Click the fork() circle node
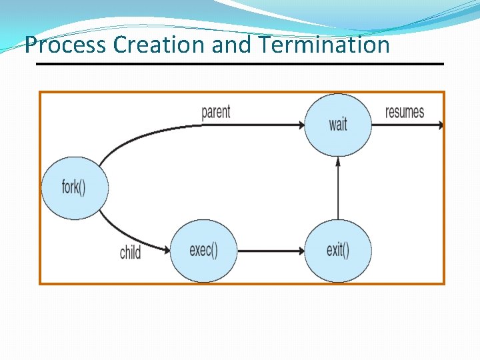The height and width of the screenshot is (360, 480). click(x=75, y=187)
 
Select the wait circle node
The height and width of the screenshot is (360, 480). click(x=338, y=125)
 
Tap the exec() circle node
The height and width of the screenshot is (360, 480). click(x=203, y=251)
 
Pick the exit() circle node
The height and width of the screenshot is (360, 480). click(x=338, y=251)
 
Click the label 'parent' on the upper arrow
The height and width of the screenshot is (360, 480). click(x=215, y=111)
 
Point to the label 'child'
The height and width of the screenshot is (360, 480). click(x=130, y=252)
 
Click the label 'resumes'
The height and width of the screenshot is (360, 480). click(x=405, y=111)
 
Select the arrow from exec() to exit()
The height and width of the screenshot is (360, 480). click(x=270, y=251)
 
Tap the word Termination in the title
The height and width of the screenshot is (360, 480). click(x=323, y=45)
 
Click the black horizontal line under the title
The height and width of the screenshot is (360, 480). click(x=239, y=64)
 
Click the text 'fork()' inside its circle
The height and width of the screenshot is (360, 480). click(x=73, y=187)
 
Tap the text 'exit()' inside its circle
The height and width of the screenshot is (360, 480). click(x=338, y=251)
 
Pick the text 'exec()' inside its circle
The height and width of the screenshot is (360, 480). click(x=203, y=251)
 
